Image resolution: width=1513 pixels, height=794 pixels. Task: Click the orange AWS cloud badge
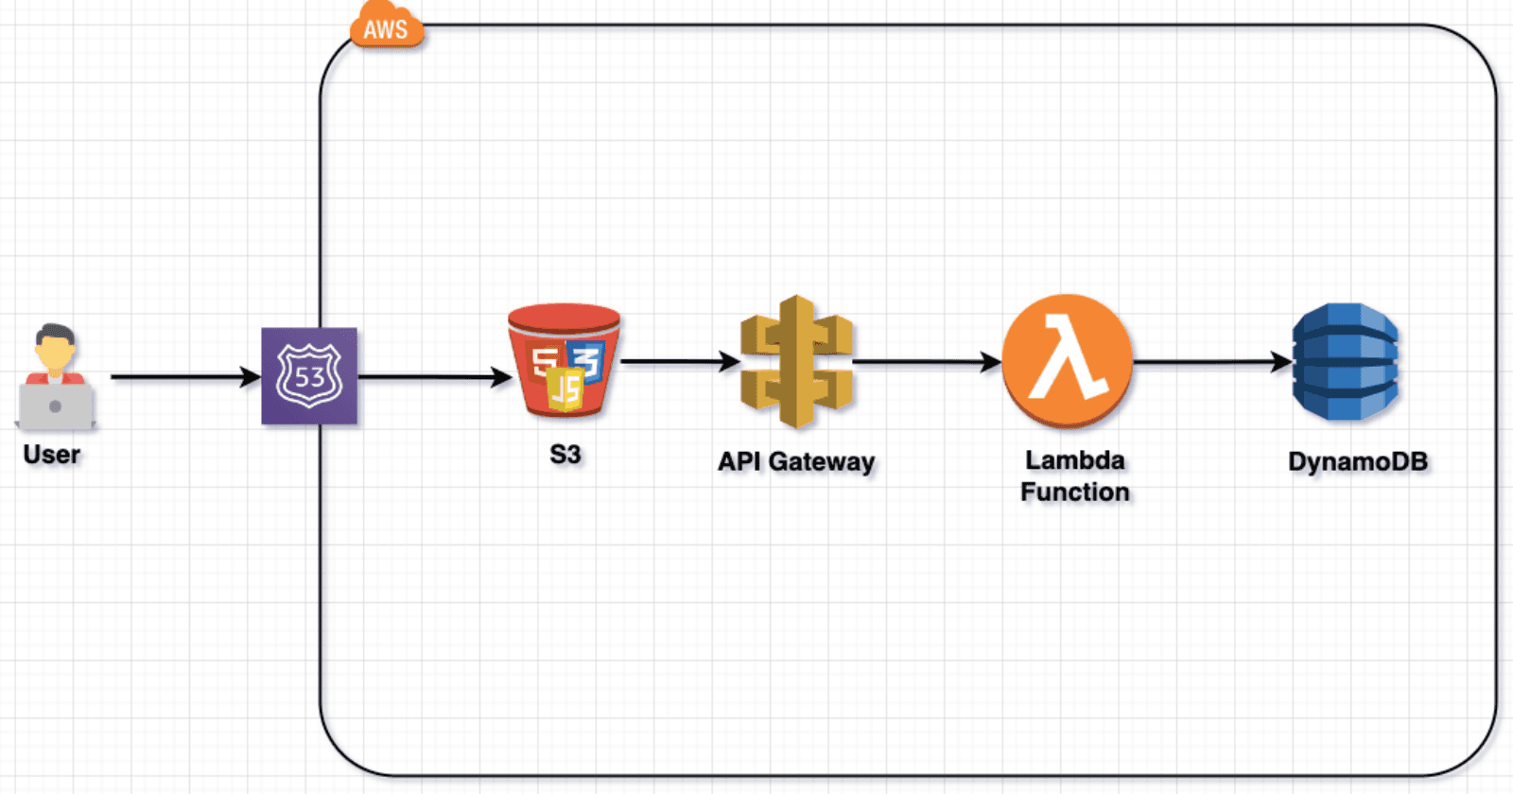[x=386, y=27]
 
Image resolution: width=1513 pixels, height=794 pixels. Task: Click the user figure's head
[x=55, y=347]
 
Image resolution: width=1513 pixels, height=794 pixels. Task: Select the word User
[x=52, y=455]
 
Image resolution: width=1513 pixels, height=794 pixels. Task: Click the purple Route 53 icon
[x=309, y=376]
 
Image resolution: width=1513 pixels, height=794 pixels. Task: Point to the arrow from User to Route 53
[x=184, y=377]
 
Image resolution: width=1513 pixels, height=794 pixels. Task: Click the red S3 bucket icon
[x=565, y=359]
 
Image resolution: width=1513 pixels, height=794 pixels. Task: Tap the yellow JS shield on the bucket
[x=565, y=389]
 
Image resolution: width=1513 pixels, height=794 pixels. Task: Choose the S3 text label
[x=565, y=455]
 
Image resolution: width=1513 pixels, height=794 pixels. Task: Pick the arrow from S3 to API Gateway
[x=679, y=361]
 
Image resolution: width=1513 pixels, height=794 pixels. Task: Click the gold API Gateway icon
[x=796, y=362]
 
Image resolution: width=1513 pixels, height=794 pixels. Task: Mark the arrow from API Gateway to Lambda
[x=927, y=361]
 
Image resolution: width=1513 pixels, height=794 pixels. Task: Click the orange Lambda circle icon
[x=1068, y=360]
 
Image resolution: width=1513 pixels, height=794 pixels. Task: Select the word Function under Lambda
[x=1075, y=492]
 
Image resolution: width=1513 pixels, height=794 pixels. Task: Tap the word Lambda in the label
[x=1075, y=460]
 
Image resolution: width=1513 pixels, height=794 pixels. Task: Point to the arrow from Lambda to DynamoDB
[x=1212, y=361]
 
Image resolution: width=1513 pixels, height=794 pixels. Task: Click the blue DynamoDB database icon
[x=1345, y=361]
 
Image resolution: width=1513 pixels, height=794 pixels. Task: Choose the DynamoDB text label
[x=1358, y=462]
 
